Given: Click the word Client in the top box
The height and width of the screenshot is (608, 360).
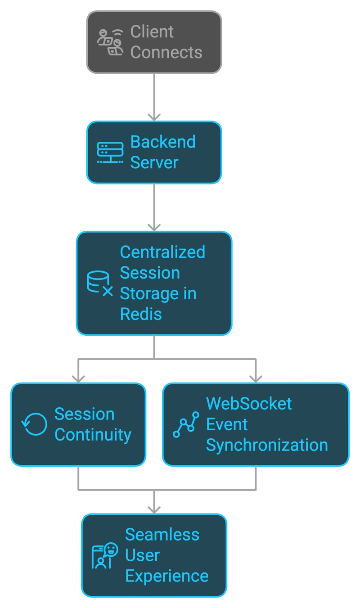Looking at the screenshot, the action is (152, 32).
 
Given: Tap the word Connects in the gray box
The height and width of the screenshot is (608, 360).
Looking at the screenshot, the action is (166, 52).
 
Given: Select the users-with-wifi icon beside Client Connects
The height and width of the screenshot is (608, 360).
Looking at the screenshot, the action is (110, 42).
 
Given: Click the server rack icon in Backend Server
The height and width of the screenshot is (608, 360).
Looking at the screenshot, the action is (110, 153).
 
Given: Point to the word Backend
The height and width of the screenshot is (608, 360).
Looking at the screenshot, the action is (163, 142).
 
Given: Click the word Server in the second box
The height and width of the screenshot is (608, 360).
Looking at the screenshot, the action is (154, 162).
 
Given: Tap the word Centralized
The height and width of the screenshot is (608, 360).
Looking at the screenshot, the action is (162, 252).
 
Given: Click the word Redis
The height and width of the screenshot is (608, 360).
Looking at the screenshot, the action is (141, 314).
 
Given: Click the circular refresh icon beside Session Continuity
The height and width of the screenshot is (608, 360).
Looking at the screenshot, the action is (34, 424).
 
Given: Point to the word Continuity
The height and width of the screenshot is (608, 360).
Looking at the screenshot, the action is (93, 435).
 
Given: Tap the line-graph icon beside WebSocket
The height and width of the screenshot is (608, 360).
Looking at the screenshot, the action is (186, 424).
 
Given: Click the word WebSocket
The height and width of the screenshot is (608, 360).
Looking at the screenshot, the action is (249, 404).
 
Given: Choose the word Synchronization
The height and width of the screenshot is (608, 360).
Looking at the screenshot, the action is (267, 446).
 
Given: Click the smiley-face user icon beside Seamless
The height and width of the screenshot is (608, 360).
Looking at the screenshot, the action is (105, 555).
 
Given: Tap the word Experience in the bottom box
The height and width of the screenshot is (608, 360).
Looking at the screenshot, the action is (166, 576).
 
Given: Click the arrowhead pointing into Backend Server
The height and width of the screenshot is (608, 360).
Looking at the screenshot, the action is (154, 117).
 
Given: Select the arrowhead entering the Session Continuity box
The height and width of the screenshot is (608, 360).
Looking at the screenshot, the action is (78, 379).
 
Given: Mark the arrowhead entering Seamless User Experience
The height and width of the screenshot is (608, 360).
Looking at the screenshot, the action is (154, 510).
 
